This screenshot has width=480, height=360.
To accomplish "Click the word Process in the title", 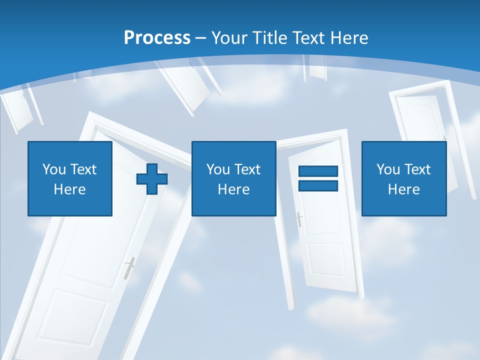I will click(157, 38).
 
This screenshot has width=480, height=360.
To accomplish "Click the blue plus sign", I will click(152, 179).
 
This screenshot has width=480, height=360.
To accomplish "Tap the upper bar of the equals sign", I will click(318, 171).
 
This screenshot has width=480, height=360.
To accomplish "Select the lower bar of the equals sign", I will click(318, 186).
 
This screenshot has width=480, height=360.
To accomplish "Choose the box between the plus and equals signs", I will click(233, 178).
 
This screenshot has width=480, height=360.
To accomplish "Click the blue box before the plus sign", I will click(69, 178).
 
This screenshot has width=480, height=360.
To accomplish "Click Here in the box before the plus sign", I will click(69, 189).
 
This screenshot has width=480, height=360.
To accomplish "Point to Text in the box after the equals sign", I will click(417, 169).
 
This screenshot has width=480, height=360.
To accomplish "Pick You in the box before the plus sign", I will click(54, 169).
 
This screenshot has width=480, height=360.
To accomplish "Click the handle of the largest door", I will click(129, 267).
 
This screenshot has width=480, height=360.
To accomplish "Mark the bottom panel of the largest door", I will click(75, 320).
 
